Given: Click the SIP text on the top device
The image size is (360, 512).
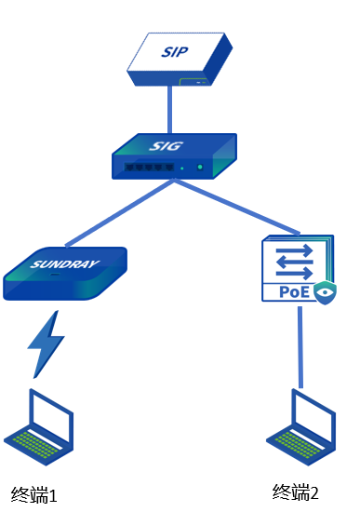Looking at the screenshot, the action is (x=175, y=52).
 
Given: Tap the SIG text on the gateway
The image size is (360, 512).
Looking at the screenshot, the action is (x=166, y=145).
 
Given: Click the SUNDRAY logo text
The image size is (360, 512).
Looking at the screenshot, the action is (x=64, y=263).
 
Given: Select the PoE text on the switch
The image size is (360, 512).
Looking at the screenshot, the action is (x=294, y=291).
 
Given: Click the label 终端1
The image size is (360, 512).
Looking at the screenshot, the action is (x=33, y=494).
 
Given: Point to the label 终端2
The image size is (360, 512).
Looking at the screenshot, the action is (x=296, y=492).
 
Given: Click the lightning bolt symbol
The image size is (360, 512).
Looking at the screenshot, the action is (x=46, y=344).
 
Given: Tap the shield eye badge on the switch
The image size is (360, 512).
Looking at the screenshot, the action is (x=325, y=292).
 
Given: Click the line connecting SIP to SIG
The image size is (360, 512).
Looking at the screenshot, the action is (x=169, y=110).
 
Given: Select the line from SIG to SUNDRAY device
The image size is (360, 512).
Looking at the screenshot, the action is (x=120, y=213).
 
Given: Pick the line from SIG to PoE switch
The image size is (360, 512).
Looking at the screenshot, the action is (x=237, y=207).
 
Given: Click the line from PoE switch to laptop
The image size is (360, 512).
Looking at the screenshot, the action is (x=300, y=347).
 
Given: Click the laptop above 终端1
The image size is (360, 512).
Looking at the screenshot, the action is (x=38, y=427).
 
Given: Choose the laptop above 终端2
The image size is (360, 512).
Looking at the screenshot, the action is (x=300, y=427).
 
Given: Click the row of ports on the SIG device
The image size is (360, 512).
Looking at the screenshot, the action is (x=149, y=168).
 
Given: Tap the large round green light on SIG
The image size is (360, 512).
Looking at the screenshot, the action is (x=200, y=168).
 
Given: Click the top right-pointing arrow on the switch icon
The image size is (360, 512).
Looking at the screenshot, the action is (x=294, y=251).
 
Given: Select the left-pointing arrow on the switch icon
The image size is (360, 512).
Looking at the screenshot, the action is (x=294, y=262).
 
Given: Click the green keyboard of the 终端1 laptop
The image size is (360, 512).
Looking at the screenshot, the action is (x=34, y=444).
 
